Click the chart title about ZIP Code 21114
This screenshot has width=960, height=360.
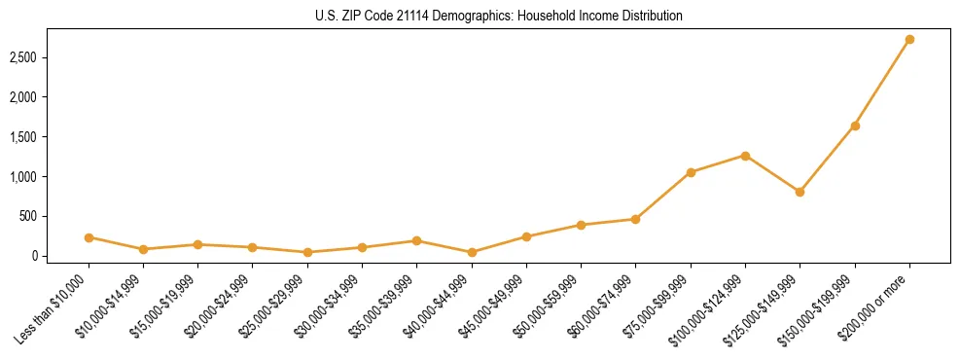click(x=480, y=17)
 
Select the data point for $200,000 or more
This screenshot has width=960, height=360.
click(x=909, y=40)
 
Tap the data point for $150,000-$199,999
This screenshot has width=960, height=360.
click(x=855, y=126)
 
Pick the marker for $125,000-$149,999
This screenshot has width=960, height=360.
click(x=800, y=192)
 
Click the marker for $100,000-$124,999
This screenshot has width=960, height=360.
click(x=745, y=156)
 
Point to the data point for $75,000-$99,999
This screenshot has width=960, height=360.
click(x=691, y=172)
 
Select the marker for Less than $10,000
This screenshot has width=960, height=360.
click(x=89, y=237)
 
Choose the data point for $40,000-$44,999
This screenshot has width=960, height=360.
click(x=472, y=252)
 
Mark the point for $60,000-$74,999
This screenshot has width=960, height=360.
click(x=635, y=219)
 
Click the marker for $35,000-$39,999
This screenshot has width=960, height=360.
click(x=416, y=240)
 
